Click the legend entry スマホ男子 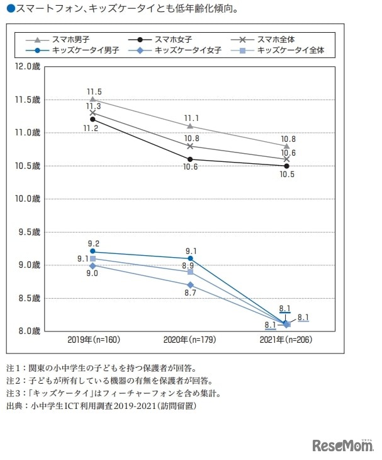click(x=70, y=39)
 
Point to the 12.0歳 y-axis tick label click(x=27, y=66)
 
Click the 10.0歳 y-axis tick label click(x=27, y=198)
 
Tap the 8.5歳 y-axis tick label click(x=27, y=297)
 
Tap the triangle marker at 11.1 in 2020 click(x=190, y=126)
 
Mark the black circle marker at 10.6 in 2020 click(x=190, y=159)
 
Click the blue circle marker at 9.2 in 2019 click(x=93, y=251)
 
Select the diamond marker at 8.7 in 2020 click(x=190, y=285)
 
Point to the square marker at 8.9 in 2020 click(x=190, y=272)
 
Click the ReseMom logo click(x=344, y=445)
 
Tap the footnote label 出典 click(x=14, y=406)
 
